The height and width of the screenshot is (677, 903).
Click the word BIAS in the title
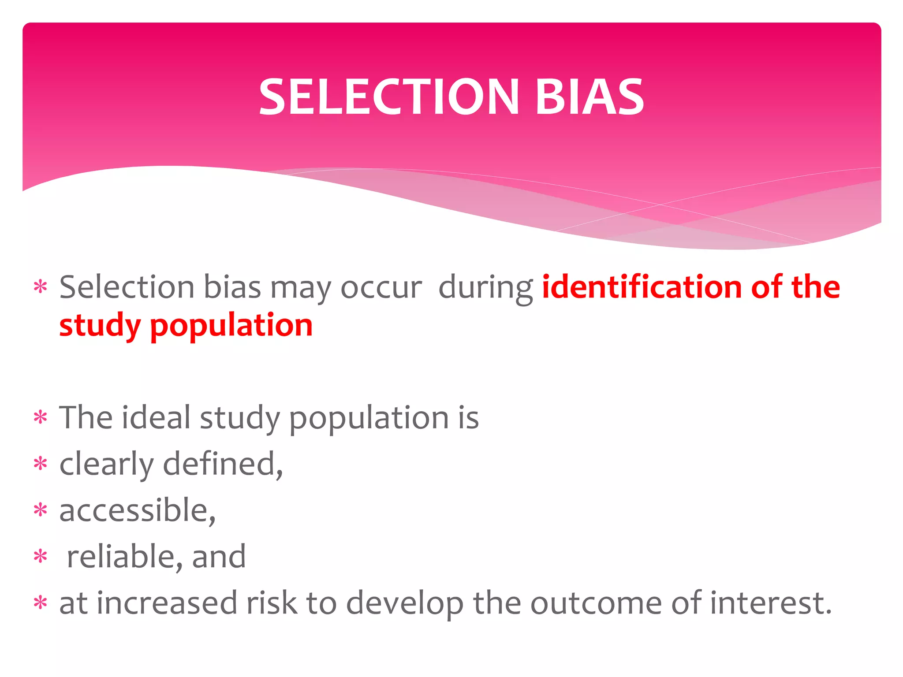590,97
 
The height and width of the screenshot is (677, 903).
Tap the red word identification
642,287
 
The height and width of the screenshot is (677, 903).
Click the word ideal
156,417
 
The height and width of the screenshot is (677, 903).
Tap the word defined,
223,464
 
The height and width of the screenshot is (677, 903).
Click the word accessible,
137,511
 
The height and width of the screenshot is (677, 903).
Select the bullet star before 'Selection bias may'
41,287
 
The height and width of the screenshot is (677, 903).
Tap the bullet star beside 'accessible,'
41,510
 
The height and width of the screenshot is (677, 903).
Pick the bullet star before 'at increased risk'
41,603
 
